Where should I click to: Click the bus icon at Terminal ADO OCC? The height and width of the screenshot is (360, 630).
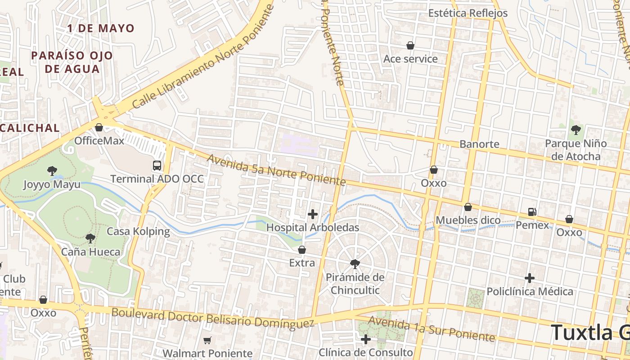pos(157,166)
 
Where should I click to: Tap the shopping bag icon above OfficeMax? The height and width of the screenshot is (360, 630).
pos(99,127)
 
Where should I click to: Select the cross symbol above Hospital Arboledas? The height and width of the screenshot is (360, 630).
pos(313,214)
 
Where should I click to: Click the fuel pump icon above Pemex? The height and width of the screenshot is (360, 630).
pos(532,211)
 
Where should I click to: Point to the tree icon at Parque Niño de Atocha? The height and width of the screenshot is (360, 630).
pos(576,130)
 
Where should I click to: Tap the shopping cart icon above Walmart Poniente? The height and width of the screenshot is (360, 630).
pos(207,340)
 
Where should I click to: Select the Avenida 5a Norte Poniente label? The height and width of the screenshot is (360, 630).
pos(276,170)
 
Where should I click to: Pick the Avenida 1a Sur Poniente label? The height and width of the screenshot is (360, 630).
pos(432,329)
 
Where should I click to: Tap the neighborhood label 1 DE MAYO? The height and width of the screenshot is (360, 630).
pos(101,28)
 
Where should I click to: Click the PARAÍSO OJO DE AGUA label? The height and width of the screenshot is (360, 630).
pos(72,62)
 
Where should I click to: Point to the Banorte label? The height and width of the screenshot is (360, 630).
pos(479,144)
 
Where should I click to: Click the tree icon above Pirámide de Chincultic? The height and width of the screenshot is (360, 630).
pos(355,264)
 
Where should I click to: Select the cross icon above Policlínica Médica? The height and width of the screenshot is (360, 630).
pos(530,278)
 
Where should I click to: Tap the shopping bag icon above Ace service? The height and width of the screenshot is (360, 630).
pos(410,45)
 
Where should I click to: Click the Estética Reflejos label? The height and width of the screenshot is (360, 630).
pos(468,13)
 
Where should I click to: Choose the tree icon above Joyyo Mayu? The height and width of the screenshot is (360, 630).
pos(52,171)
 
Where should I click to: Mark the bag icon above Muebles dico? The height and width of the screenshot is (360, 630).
pos(468,207)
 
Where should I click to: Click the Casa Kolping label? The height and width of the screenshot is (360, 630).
pos(138,232)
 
